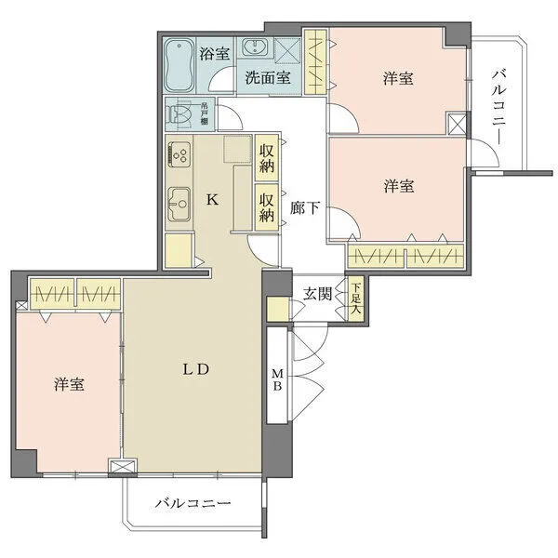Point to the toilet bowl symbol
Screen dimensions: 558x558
(x=178, y=114)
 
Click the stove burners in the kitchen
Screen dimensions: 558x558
(x=179, y=154)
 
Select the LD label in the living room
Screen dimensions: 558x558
(x=193, y=368)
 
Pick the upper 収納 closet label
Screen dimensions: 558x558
(x=268, y=159)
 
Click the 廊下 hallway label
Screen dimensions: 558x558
(x=305, y=208)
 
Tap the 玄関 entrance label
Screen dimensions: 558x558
(x=316, y=295)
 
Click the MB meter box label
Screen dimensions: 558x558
(x=277, y=382)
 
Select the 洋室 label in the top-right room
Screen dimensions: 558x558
(x=397, y=79)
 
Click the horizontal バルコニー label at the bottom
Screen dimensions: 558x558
(x=192, y=503)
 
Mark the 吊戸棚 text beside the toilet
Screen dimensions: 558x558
(x=204, y=114)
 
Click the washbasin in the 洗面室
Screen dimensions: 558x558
(x=253, y=48)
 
